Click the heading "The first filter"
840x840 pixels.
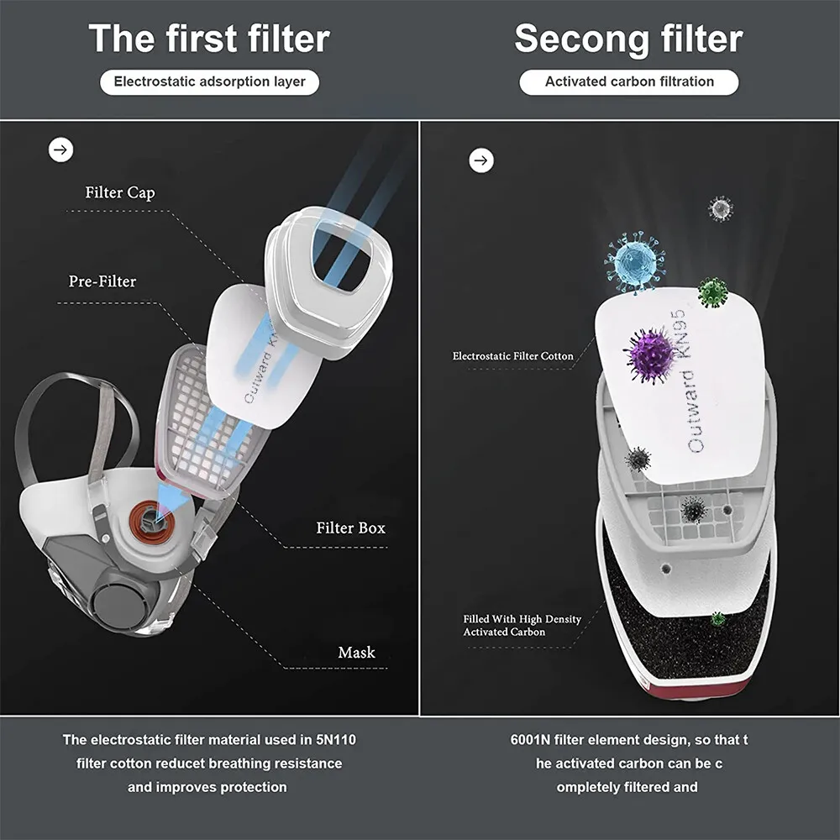(209, 39)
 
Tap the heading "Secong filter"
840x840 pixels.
(628, 39)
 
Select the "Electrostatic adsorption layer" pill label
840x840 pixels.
(209, 82)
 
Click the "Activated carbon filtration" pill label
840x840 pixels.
(629, 82)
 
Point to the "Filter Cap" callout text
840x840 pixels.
(120, 192)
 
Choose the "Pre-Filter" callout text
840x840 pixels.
(102, 281)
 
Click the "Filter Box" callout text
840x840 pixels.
(351, 528)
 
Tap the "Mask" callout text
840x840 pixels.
(357, 653)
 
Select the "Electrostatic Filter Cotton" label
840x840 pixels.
(512, 356)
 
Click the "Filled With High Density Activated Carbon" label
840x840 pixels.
(522, 625)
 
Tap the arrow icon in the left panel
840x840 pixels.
(61, 150)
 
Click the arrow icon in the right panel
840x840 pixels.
(481, 160)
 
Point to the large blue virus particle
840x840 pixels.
(635, 262)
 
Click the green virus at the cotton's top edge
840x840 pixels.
(713, 292)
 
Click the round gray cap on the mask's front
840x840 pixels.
(120, 601)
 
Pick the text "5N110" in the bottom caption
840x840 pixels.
(336, 740)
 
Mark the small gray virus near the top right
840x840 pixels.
(721, 209)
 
